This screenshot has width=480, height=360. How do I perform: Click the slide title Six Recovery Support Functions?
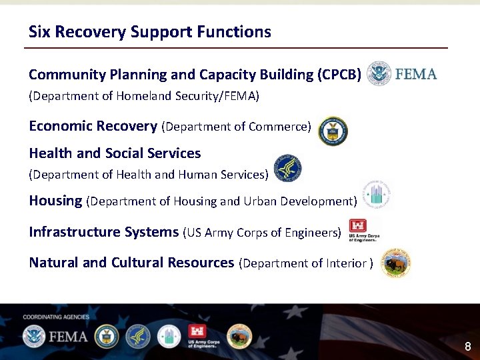pos(149,32)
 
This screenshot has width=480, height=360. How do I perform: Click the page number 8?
pos(467,347)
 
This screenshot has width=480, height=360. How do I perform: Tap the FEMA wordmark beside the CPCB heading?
pos(416,73)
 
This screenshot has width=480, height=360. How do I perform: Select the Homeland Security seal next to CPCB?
pos(380,73)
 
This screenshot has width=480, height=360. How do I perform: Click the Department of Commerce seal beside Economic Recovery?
pos(333,131)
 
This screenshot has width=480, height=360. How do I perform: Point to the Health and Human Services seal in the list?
pos(287,169)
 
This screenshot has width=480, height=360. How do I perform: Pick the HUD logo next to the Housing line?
pos(376,195)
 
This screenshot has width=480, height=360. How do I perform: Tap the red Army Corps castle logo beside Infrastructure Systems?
pos(358,227)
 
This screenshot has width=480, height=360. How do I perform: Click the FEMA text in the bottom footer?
pos(67,336)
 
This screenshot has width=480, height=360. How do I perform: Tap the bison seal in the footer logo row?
pos(239,337)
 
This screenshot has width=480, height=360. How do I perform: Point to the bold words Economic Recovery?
pos(93,126)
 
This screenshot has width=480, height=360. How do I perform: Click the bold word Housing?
pos(55,201)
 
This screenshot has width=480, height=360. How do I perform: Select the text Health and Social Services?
pos(115,153)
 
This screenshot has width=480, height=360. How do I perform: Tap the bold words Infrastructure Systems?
pos(103,232)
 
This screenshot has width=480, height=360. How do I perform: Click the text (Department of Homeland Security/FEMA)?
pos(143,96)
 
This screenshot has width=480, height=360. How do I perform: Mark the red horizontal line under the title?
pos(235,48)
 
